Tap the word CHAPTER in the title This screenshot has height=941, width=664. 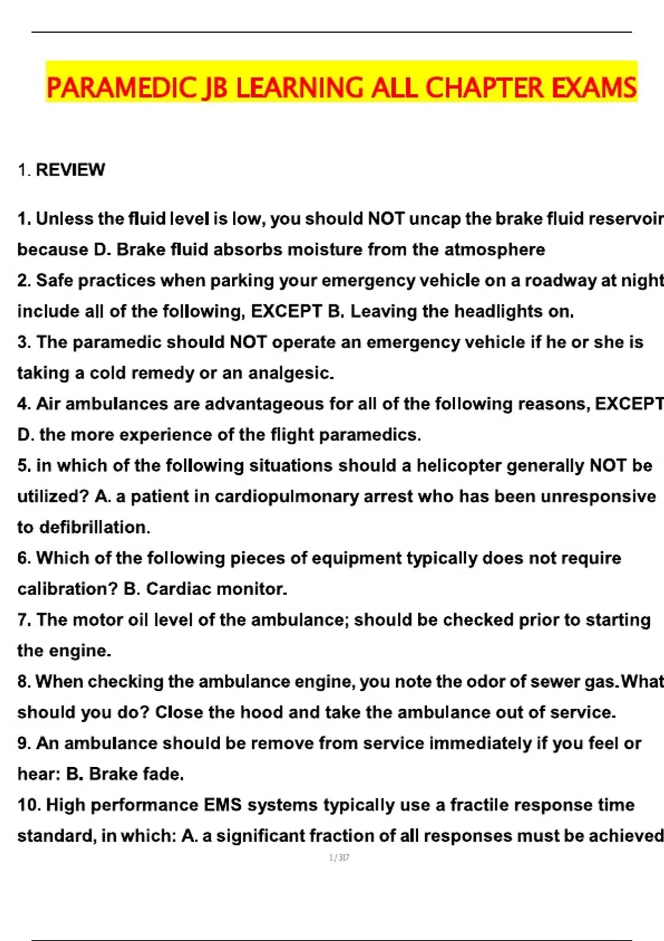click(485, 88)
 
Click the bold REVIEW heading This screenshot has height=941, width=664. click(70, 170)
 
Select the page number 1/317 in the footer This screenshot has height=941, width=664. click(339, 857)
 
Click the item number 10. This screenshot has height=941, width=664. click(28, 805)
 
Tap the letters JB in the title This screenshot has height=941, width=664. click(216, 88)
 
